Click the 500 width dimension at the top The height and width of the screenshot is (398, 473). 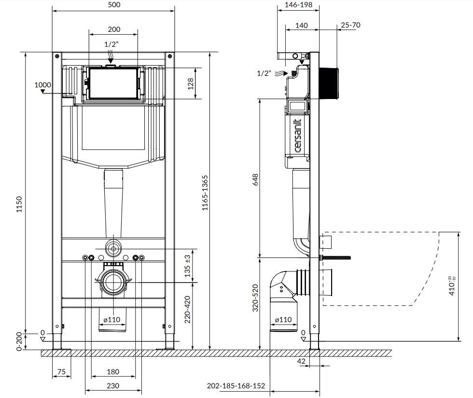[x=114, y=5]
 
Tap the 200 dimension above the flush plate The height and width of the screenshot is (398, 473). [x=114, y=29]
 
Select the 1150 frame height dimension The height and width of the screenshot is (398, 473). [x=19, y=204]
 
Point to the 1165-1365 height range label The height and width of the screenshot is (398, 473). [x=205, y=193]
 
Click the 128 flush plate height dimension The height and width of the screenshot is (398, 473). [x=191, y=84]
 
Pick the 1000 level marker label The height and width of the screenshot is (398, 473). [x=42, y=85]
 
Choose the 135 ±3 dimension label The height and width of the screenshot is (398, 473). [x=188, y=266]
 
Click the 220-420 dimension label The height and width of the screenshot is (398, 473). [x=188, y=309]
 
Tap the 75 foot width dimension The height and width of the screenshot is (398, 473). [x=61, y=371]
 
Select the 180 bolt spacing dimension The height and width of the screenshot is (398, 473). [x=113, y=372]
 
